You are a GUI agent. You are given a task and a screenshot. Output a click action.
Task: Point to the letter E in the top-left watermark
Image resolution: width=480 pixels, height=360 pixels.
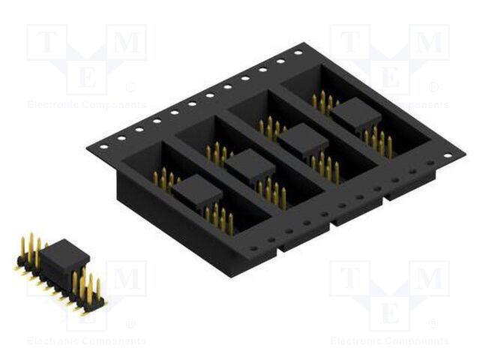pyautogui.click(x=87, y=76)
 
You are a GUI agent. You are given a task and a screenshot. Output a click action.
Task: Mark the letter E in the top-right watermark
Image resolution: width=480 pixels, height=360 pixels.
pyautogui.click(x=390, y=76)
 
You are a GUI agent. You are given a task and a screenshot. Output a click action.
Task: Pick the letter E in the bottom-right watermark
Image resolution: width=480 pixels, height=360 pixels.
pyautogui.click(x=390, y=313)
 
